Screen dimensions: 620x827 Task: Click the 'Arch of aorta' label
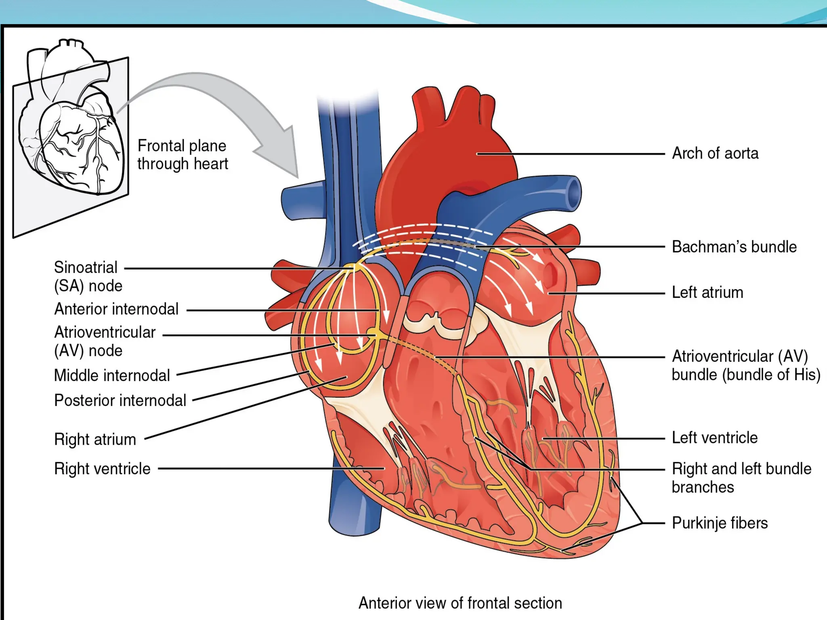tap(715, 153)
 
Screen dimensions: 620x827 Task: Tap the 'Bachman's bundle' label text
tap(734, 247)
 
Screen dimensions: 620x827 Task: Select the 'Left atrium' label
tap(707, 292)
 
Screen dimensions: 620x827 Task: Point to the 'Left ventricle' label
tap(714, 438)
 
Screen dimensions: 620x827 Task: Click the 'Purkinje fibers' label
tap(719, 523)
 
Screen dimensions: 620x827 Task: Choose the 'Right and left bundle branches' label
tap(741, 478)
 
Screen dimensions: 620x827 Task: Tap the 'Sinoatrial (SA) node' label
tap(88, 276)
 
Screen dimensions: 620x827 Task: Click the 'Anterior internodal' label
tap(116, 309)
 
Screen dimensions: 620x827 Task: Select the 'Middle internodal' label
tap(112, 375)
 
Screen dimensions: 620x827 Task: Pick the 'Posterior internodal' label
tap(120, 400)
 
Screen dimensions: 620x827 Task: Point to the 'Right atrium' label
tap(95, 439)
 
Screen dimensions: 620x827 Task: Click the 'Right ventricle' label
tap(102, 469)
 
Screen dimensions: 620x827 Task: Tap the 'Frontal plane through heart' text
tap(183, 155)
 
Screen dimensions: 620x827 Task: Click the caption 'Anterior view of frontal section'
tap(460, 603)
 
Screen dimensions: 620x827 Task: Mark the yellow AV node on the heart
tap(372, 333)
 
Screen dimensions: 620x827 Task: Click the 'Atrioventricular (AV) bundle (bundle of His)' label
tap(745, 365)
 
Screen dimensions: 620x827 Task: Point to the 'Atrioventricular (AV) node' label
tap(105, 341)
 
